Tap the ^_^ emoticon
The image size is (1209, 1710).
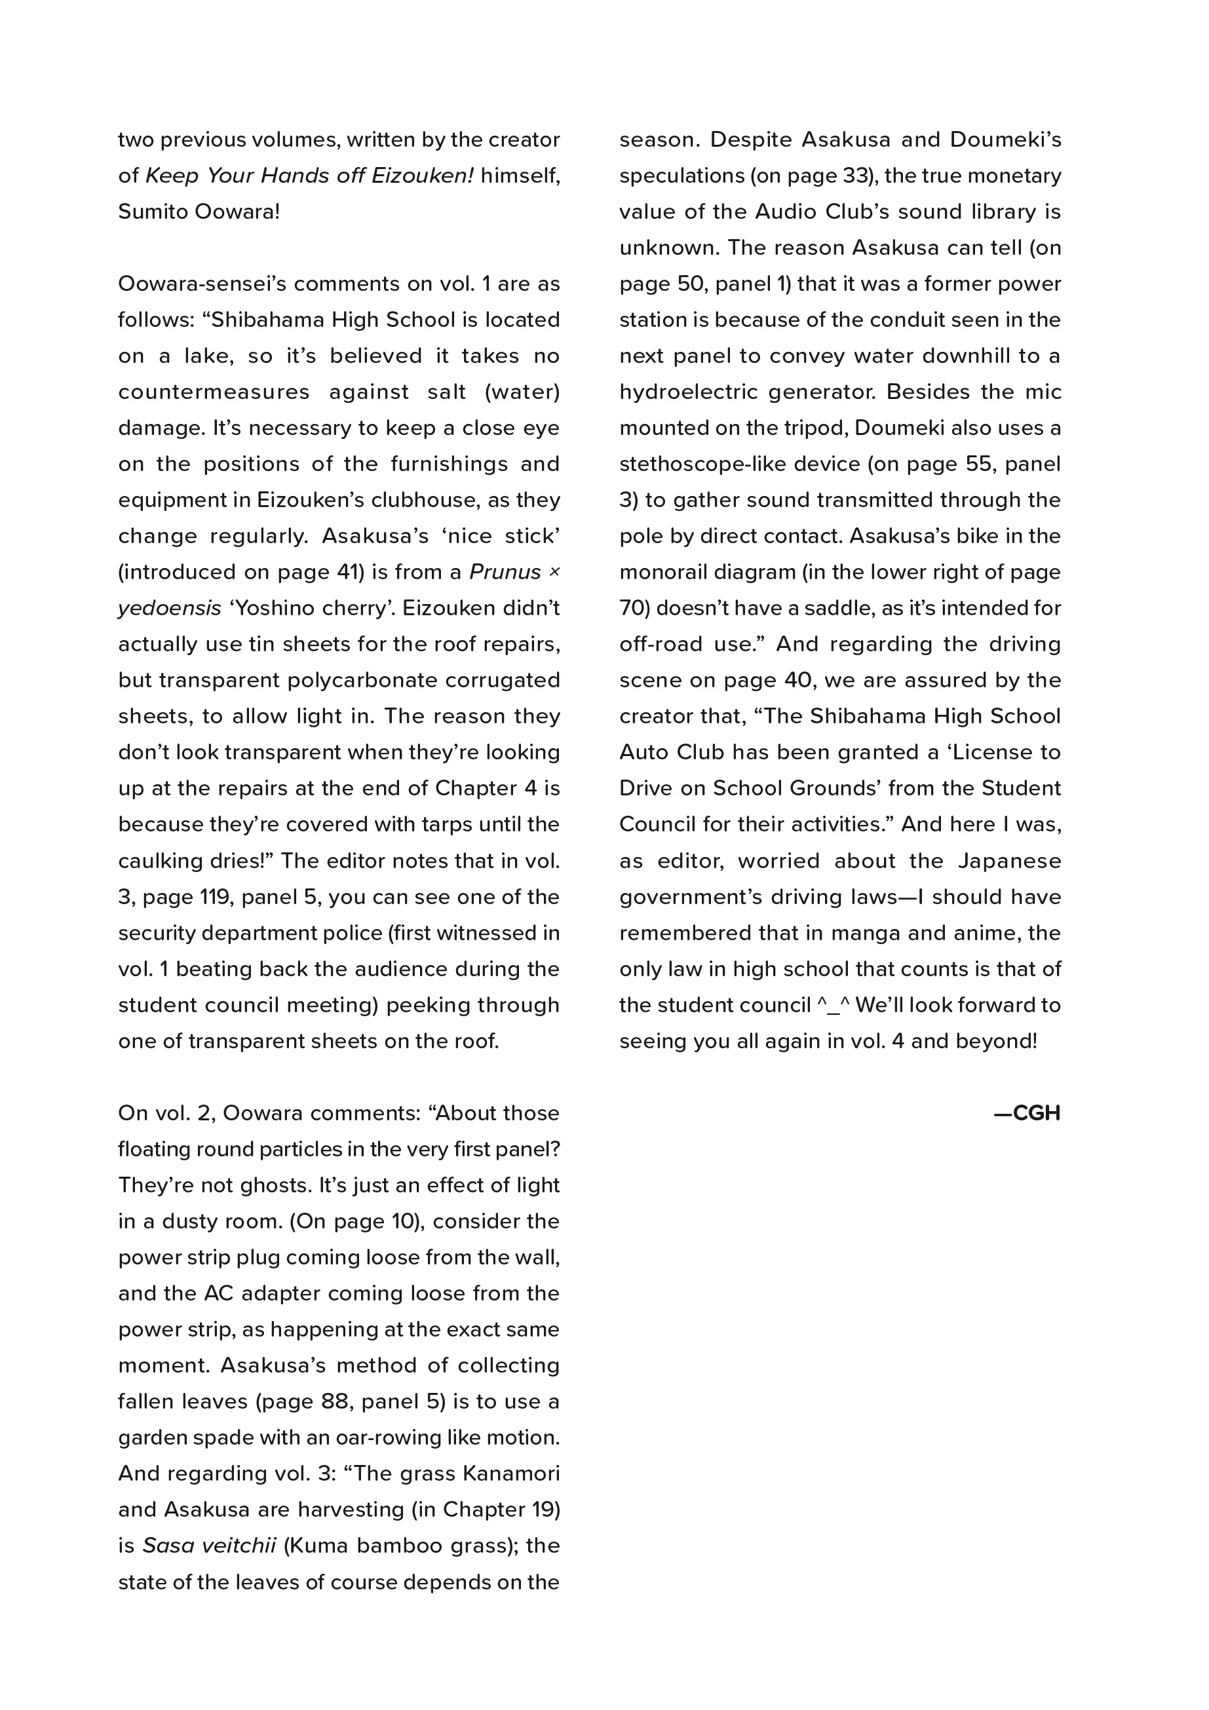(x=834, y=1006)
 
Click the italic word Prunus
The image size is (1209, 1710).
(x=505, y=572)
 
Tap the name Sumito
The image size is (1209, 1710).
(x=153, y=212)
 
